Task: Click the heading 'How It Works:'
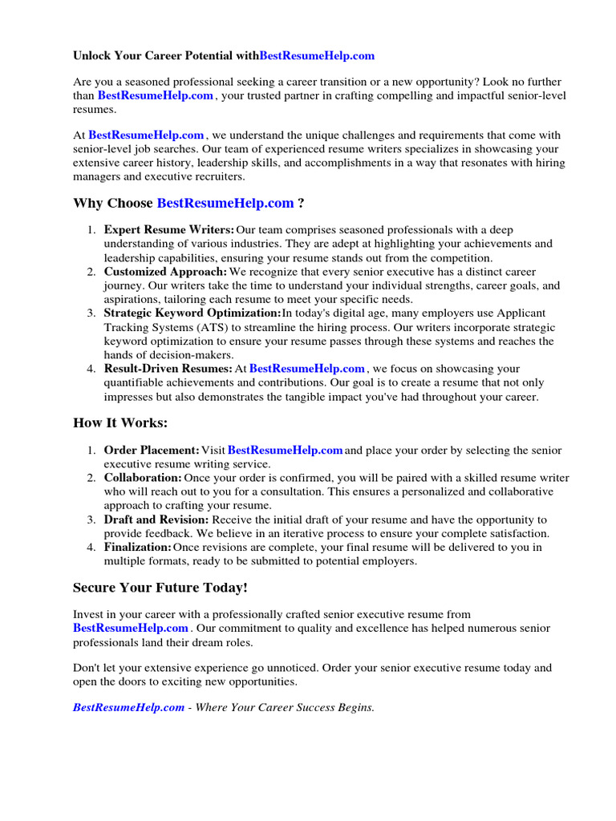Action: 120,423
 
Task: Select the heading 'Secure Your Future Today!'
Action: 160,588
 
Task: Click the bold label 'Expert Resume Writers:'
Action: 169,230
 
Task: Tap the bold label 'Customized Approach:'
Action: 165,272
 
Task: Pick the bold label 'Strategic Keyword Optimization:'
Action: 192,313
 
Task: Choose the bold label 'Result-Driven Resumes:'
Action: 168,369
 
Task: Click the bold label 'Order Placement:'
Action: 152,451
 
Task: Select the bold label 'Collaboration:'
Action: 143,478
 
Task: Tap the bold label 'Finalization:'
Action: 138,548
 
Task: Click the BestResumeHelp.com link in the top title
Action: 318,56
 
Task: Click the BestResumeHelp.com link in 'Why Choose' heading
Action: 225,203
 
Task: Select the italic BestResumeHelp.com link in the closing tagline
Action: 128,708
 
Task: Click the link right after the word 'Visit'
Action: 286,451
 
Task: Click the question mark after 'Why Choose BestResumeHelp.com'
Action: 301,203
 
